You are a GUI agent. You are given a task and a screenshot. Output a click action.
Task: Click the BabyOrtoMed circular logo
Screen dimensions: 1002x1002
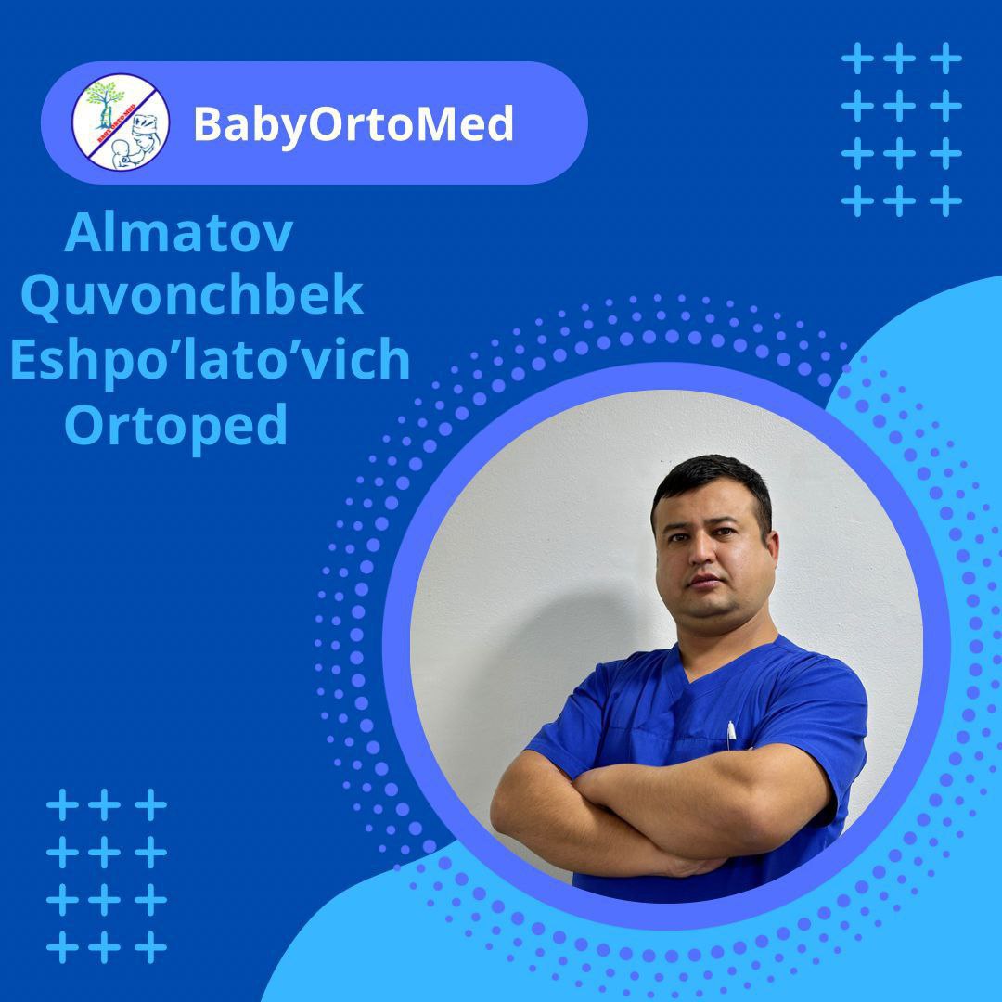tap(121, 122)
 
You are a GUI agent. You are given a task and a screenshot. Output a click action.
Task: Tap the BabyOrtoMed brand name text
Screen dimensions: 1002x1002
tap(353, 123)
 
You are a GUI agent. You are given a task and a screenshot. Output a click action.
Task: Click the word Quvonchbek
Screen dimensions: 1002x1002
tap(191, 296)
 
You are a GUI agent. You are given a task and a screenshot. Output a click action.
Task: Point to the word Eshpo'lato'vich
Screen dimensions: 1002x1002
tap(210, 360)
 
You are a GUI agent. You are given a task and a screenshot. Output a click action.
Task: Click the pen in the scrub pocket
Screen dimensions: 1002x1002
tap(731, 733)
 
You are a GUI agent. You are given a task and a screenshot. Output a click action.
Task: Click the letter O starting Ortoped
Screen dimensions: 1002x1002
tap(85, 425)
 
